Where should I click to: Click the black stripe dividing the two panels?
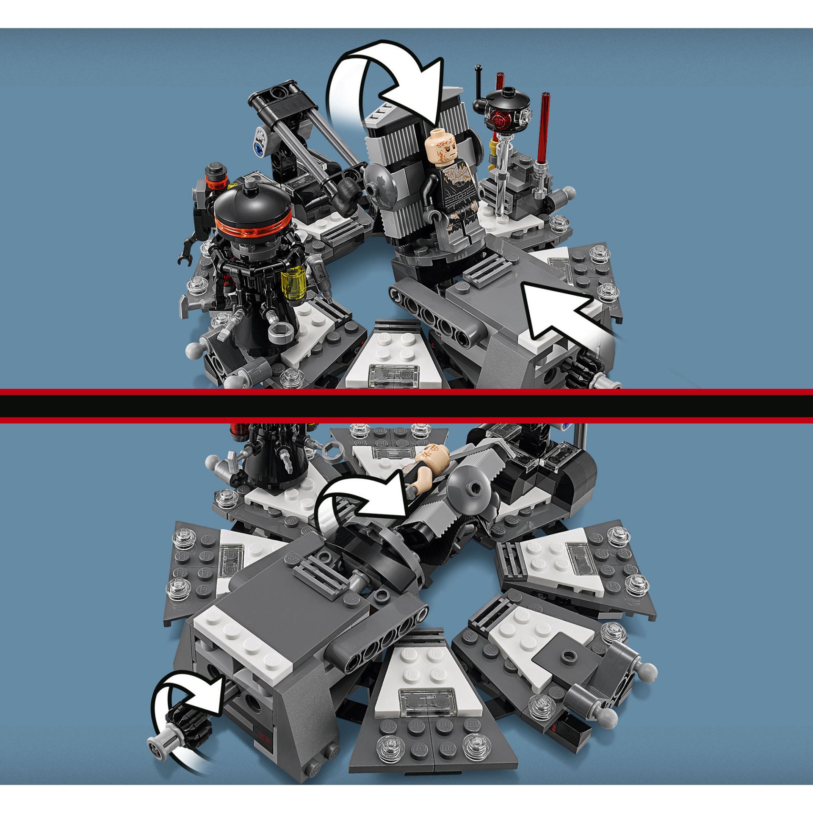tap(406, 406)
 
